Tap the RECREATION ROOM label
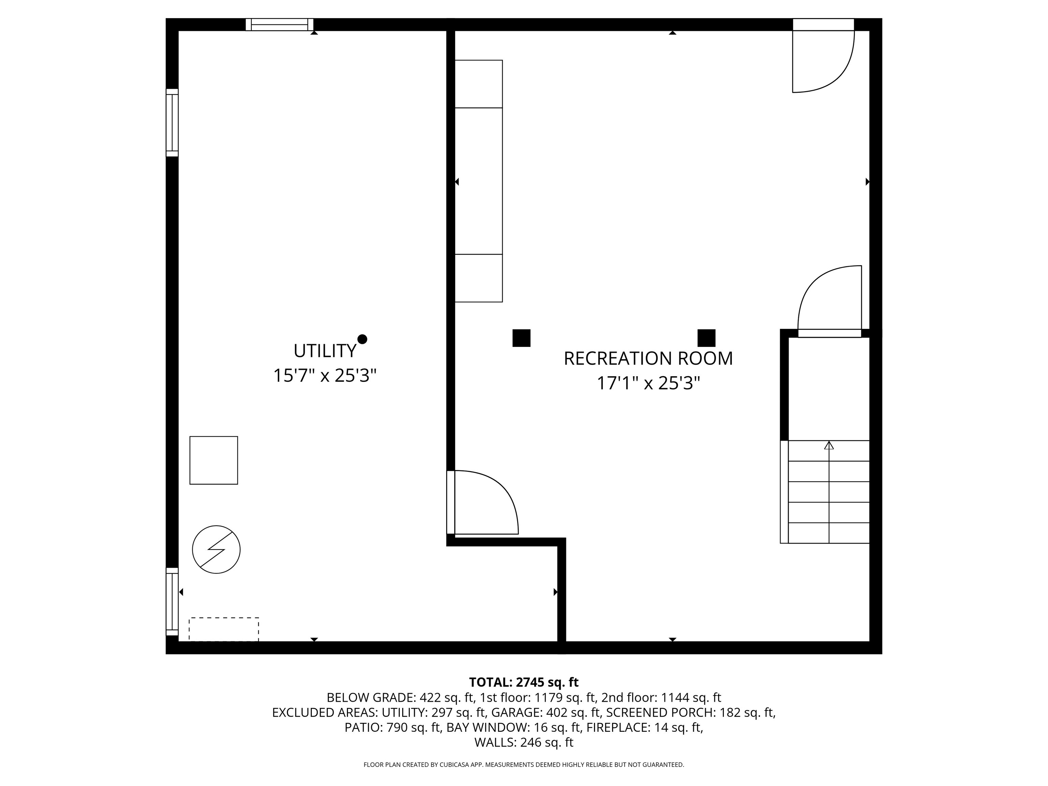[x=648, y=359]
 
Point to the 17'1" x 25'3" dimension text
[x=648, y=383]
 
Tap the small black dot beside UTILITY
[x=362, y=339]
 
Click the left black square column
[x=521, y=338]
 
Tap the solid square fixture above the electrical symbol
[x=214, y=460]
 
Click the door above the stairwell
[x=830, y=301]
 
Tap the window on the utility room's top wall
[x=279, y=25]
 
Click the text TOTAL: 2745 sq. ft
[x=524, y=682]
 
